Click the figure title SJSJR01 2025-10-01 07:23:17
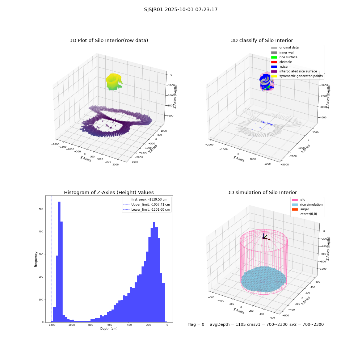[x=181, y=10]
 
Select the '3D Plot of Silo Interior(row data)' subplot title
[x=109, y=41]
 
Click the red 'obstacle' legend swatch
[x=274, y=62]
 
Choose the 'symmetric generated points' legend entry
[x=297, y=76]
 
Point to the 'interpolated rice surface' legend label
[x=298, y=71]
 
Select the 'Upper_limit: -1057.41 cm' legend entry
[x=147, y=205]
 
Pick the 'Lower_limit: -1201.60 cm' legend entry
[x=146, y=210]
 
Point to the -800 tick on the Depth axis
[x=90, y=325]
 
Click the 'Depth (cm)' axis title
[x=109, y=329]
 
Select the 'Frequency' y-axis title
[x=36, y=259]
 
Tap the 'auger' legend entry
[x=300, y=209]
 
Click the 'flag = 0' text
[x=196, y=325]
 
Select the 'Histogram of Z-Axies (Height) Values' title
[x=109, y=193]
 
